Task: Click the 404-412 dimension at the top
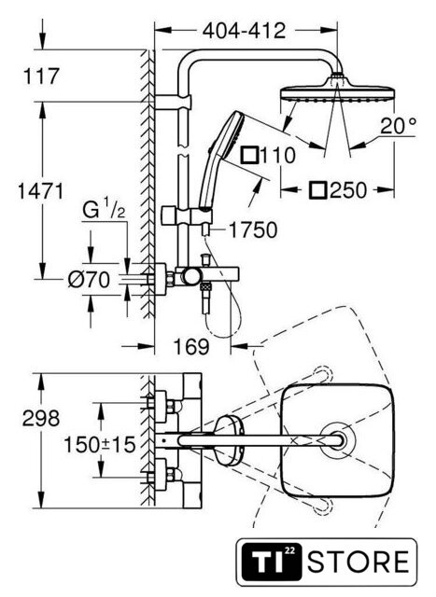244,31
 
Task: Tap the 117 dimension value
41,76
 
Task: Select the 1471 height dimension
40,190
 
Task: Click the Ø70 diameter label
90,280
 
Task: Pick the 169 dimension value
191,346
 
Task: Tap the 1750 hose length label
253,230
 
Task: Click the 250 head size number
348,190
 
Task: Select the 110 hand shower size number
278,156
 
